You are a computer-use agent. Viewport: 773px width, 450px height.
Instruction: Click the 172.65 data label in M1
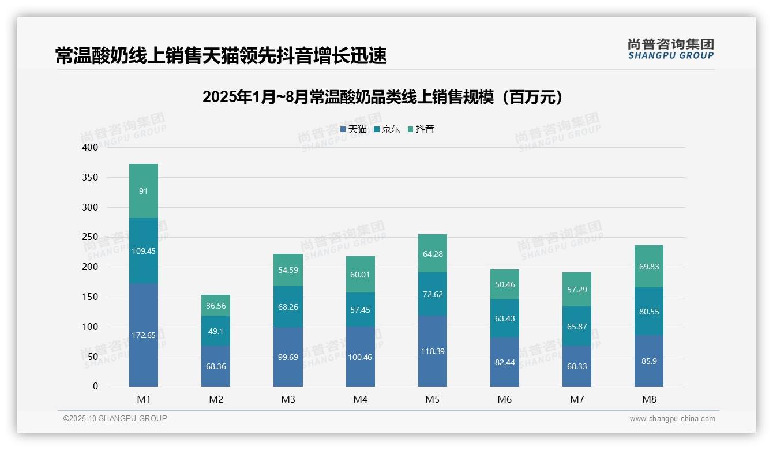tap(144, 335)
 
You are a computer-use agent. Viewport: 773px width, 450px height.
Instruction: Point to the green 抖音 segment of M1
tap(144, 191)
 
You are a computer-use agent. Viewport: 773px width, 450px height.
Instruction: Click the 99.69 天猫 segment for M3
tap(288, 357)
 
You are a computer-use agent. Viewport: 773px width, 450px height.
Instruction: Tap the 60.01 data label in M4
tap(360, 275)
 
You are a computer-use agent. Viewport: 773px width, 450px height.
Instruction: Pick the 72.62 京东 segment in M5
tap(433, 294)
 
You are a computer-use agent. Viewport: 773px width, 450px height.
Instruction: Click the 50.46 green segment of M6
tap(505, 284)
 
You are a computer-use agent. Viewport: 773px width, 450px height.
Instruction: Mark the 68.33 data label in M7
tap(577, 366)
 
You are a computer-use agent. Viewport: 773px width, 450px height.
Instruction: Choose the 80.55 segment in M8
tap(649, 312)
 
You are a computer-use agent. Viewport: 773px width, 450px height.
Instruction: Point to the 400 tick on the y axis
tap(91, 148)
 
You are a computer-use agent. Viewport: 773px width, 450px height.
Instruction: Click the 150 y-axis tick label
tap(91, 297)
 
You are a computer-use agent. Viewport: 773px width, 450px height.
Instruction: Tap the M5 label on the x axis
tap(433, 400)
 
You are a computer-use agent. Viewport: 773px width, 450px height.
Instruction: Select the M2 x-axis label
tap(216, 400)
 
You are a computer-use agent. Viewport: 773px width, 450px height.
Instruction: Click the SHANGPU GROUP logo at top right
tap(670, 49)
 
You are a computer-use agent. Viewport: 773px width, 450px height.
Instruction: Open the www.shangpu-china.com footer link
tap(672, 419)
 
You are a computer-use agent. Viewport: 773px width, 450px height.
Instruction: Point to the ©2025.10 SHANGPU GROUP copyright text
tap(115, 419)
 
